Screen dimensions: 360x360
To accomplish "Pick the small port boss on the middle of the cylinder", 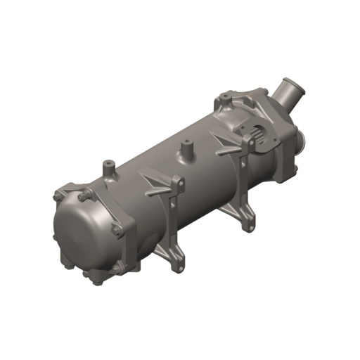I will click(187, 150).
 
